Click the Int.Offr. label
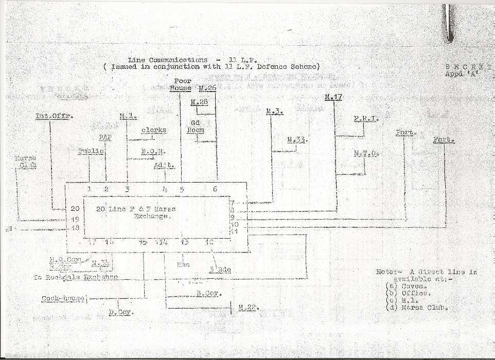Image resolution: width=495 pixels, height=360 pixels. click(55, 116)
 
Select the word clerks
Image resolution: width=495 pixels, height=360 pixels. click(154, 130)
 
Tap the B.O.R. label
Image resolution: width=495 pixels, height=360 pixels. click(153, 151)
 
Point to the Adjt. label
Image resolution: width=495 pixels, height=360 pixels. click(164, 165)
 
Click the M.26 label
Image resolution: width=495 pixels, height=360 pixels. click(207, 87)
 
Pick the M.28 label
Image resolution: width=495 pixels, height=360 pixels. click(199, 102)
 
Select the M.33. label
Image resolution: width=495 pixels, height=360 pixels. click(297, 139)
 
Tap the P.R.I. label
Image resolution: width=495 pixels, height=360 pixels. click(366, 119)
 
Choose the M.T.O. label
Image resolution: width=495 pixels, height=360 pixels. click(366, 153)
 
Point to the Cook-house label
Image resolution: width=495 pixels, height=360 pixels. click(63, 298)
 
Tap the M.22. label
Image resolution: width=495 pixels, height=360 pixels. click(249, 308)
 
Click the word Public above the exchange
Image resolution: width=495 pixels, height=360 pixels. click(91, 151)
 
